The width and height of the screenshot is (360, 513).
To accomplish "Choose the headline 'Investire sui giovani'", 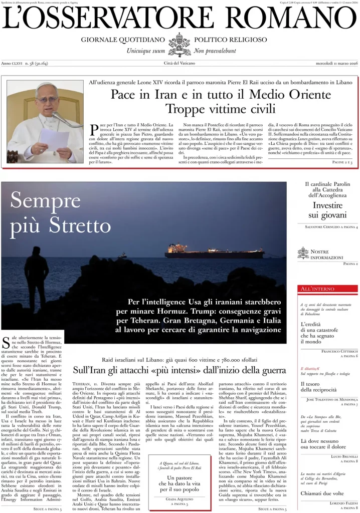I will click(328, 210).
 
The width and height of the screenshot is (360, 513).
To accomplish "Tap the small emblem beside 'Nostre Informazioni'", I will click(303, 253).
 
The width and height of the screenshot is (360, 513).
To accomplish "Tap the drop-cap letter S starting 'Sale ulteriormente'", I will click(6, 342).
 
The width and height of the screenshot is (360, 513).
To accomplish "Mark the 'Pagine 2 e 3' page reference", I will click(345, 163).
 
